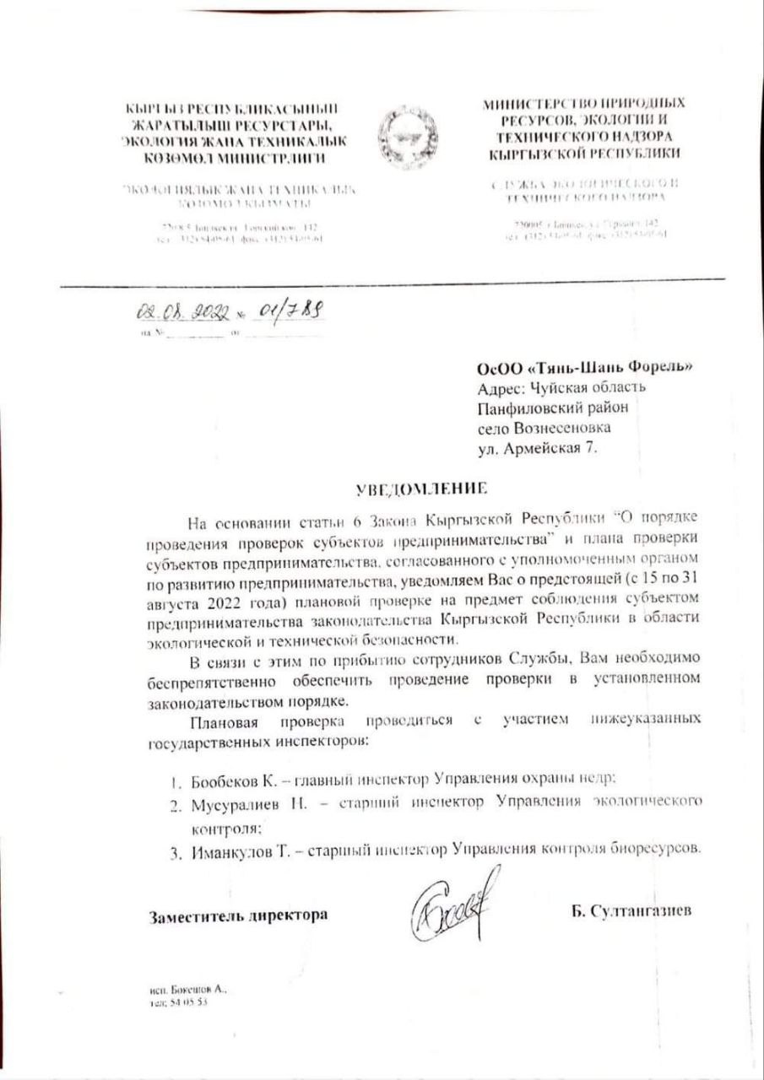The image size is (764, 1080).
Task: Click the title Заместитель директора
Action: (239, 915)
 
